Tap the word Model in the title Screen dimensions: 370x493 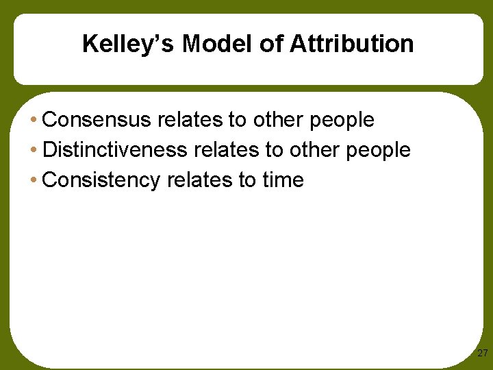[x=205, y=45]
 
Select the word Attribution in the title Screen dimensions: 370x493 [x=351, y=45]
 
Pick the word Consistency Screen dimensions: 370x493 [x=101, y=180]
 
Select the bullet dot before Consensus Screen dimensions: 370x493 [x=34, y=121]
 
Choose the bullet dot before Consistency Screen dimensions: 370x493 [x=34, y=181]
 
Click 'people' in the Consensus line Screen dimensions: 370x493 [x=342, y=121]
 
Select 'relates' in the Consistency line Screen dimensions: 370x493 [x=194, y=180]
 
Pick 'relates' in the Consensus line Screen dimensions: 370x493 [x=190, y=120]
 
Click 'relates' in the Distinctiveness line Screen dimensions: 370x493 [x=227, y=150]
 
